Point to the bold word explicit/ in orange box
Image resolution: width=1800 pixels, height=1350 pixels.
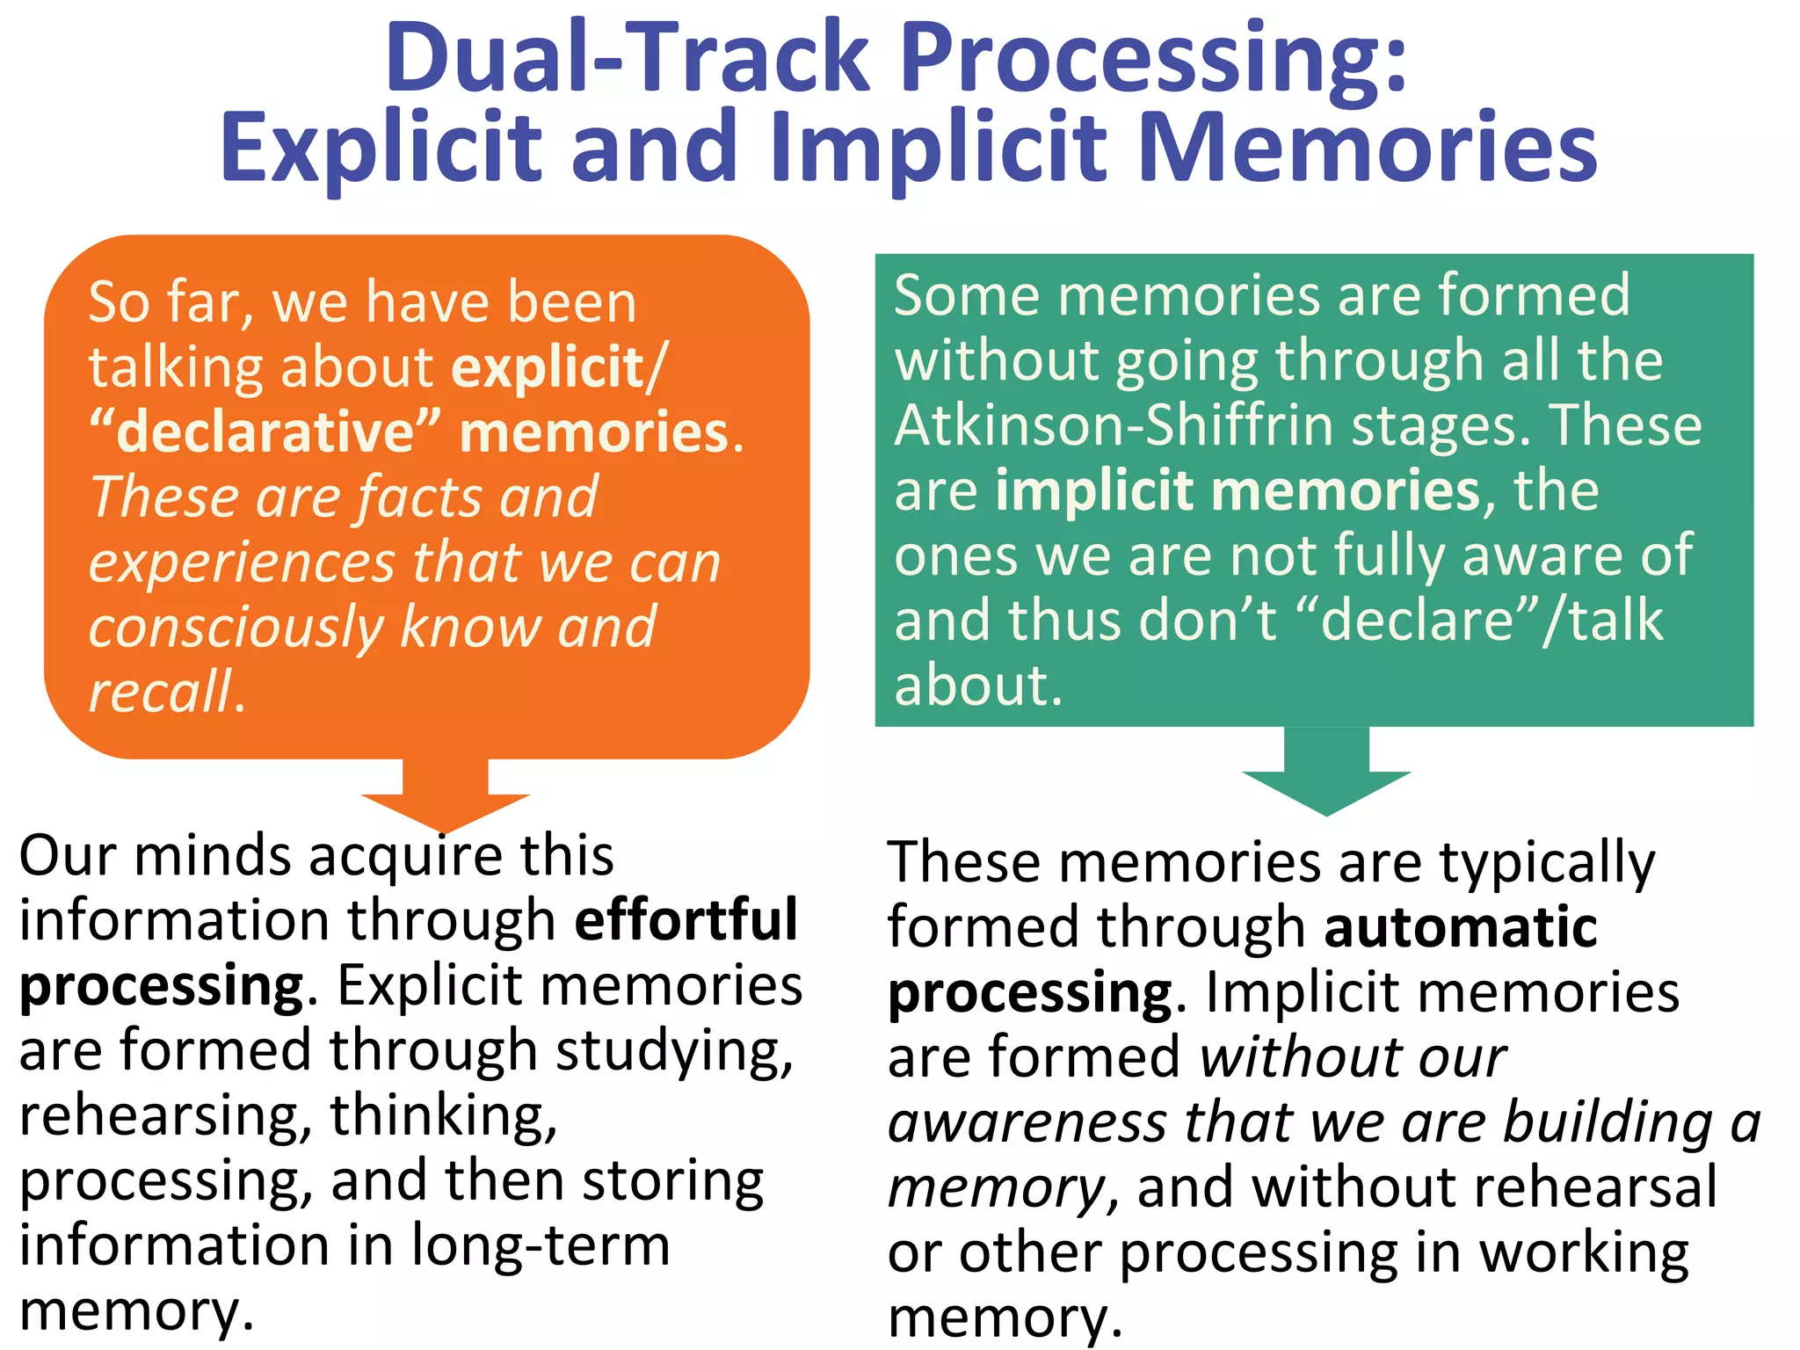click(560, 367)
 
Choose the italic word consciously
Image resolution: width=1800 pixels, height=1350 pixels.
click(236, 628)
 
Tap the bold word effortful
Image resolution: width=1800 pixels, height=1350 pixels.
click(686, 920)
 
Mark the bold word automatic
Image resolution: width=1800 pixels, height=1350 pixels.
click(1460, 927)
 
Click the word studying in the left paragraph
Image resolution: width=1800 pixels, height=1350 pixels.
click(674, 1051)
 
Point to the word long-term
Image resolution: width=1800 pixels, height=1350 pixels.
click(540, 1246)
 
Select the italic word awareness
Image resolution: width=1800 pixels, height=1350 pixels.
click(1026, 1122)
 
